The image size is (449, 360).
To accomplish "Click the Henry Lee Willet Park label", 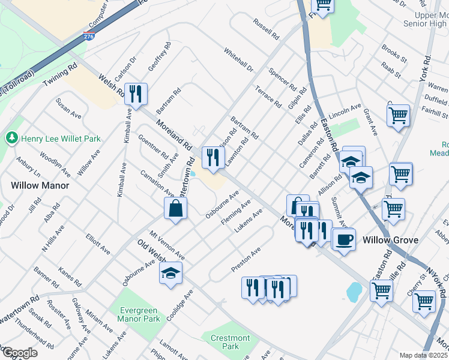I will pos(61,139).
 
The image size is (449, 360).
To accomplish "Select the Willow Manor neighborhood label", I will pos(40,185).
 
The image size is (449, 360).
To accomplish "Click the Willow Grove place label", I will pos(390,240).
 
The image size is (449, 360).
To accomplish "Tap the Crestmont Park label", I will pos(230,342).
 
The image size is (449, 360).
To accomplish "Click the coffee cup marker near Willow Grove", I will pos(344,239).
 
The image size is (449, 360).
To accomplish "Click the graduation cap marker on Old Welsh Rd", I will pos(170,272).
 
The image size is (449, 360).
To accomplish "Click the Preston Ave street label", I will pos(247,259).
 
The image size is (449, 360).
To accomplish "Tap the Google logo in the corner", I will pos(20,353).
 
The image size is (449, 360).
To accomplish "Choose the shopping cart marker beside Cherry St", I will pos(424,301).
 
